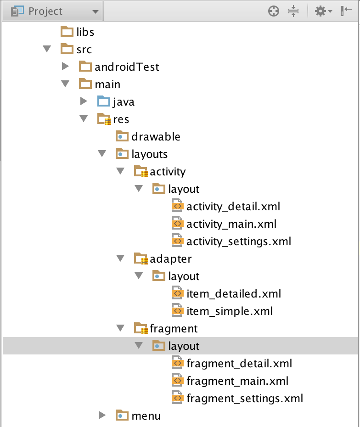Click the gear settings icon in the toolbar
pyautogui.click(x=321, y=11)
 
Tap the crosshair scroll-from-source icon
pyautogui.click(x=274, y=11)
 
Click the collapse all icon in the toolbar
pyautogui.click(x=294, y=11)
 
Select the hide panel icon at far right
pyautogui.click(x=346, y=11)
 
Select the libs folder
pyautogui.click(x=85, y=32)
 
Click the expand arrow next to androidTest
pyautogui.click(x=65, y=67)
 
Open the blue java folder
pyautogui.click(x=123, y=101)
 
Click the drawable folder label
pyautogui.click(x=156, y=136)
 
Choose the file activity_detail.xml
pyautogui.click(x=233, y=206)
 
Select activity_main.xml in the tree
pyautogui.click(x=231, y=224)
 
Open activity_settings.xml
pyautogui.click(x=238, y=241)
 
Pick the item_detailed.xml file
pyautogui.click(x=233, y=293)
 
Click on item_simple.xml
pyautogui.click(x=230, y=311)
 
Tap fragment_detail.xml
pyautogui.click(x=239, y=363)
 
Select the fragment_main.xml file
pyautogui.click(x=237, y=381)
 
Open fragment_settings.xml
pyautogui.click(x=244, y=398)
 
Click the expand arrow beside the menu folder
pyautogui.click(x=102, y=416)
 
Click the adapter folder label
pyautogui.click(x=171, y=258)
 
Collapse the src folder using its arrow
pyautogui.click(x=46, y=49)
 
